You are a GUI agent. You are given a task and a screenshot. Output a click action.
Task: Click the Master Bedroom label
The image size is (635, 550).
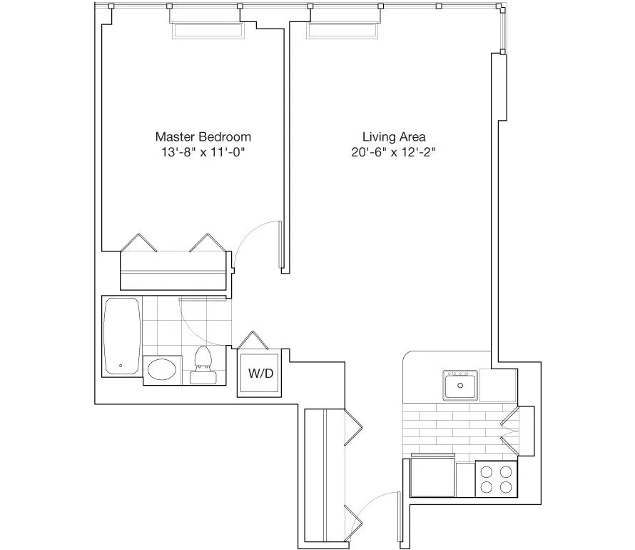tap(203, 136)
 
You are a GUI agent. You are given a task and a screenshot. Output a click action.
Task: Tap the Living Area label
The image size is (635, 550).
tap(395, 136)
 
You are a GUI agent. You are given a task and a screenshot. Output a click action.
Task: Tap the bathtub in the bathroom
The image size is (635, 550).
tap(122, 336)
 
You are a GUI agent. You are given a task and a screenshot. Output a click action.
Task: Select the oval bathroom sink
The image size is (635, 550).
tap(164, 370)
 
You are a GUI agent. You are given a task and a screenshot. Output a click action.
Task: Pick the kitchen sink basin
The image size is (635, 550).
tap(461, 386)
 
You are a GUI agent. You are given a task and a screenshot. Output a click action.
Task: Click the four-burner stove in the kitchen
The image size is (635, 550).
tap(496, 479)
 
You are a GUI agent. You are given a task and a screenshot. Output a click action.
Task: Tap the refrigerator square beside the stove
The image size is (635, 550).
tap(433, 477)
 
